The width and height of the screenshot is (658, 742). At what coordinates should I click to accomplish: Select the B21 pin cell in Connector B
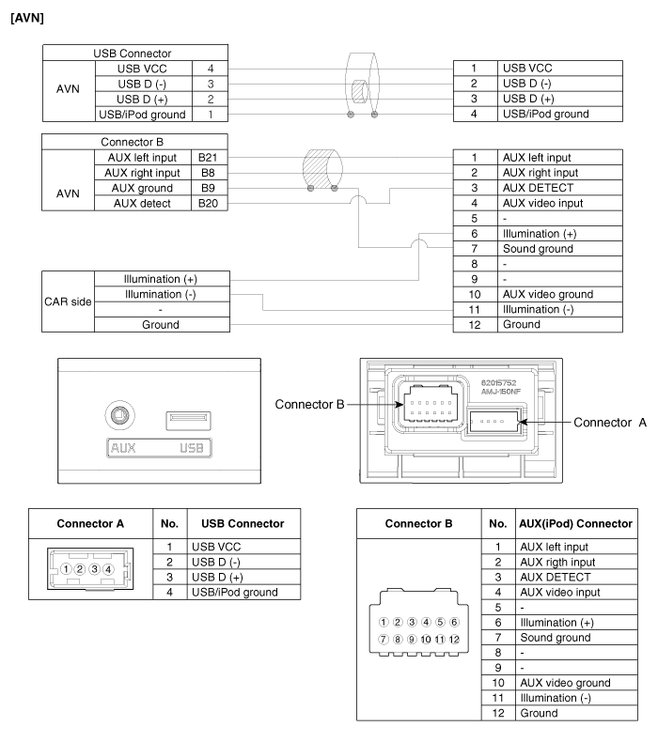[x=207, y=158]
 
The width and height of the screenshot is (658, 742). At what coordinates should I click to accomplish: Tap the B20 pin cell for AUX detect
[x=207, y=204]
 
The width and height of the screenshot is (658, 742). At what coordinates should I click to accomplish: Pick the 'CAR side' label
[x=67, y=301]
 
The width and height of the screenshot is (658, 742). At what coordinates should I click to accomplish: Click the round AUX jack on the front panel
[x=118, y=414]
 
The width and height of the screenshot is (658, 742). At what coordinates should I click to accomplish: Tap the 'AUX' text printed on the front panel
[x=97, y=448]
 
